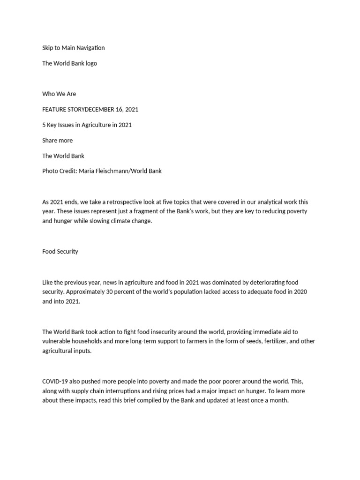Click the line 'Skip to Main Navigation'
tap(73, 48)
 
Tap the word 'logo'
tap(91, 63)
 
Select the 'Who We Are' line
tap(59, 94)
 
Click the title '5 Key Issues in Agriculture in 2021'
tap(87, 125)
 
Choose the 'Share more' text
tap(57, 140)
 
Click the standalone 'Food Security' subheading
tap(60, 251)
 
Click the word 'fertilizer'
tap(267, 341)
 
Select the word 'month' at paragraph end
tap(277, 400)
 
